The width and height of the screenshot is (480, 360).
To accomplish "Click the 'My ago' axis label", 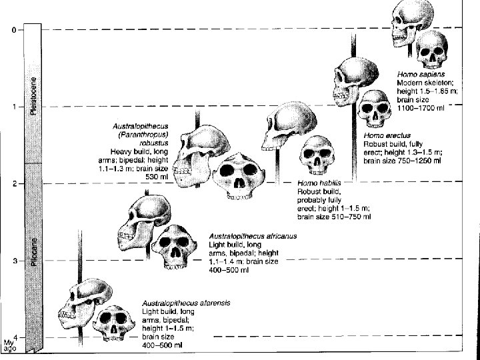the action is click(9, 347).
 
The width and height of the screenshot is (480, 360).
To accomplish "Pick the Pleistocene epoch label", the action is click(33, 97).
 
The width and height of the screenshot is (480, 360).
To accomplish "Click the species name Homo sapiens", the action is click(421, 74).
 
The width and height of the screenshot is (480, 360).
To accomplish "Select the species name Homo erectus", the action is click(386, 134).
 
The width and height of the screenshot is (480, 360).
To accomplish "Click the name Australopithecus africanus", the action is click(253, 236).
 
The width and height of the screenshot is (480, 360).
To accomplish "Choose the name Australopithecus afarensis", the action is click(187, 303).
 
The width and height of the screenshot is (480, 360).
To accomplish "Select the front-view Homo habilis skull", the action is click(317, 154).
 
